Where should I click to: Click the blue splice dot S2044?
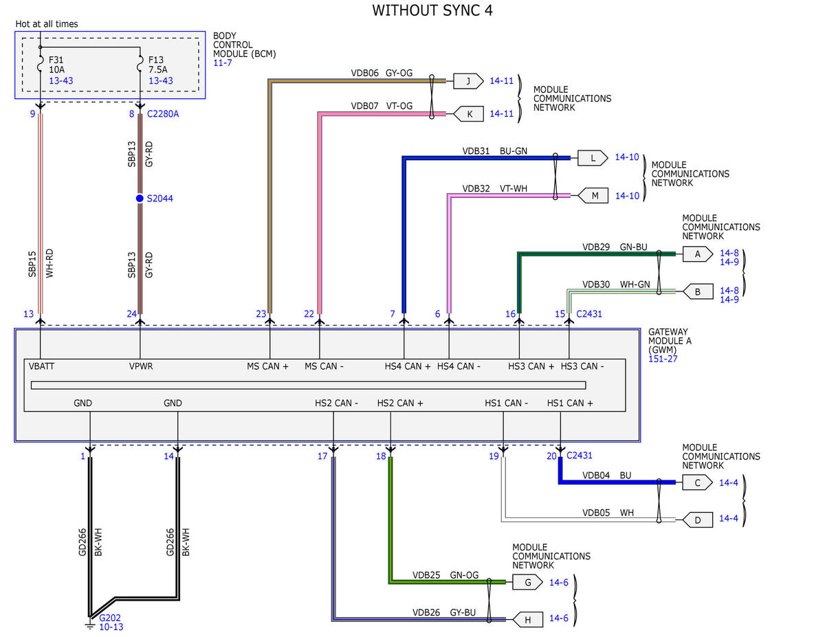(x=140, y=199)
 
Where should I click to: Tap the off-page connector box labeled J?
(x=468, y=81)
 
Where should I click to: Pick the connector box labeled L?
(x=593, y=158)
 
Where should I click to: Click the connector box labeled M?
(x=593, y=195)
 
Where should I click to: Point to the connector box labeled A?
(x=698, y=254)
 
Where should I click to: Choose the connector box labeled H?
(x=528, y=620)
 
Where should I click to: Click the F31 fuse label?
(x=56, y=60)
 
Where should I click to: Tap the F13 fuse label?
(x=156, y=60)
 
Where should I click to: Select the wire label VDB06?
(x=364, y=73)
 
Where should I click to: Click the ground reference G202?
(x=110, y=618)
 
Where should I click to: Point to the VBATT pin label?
(x=41, y=366)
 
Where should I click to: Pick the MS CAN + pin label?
(x=267, y=366)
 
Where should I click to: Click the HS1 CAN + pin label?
(x=570, y=403)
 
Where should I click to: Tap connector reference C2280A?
(x=163, y=114)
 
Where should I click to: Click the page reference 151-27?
(x=663, y=359)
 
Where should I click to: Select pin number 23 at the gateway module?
(x=261, y=314)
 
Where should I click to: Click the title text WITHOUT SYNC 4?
(x=432, y=10)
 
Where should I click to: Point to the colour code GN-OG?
(x=464, y=574)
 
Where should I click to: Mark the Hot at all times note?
(x=47, y=24)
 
